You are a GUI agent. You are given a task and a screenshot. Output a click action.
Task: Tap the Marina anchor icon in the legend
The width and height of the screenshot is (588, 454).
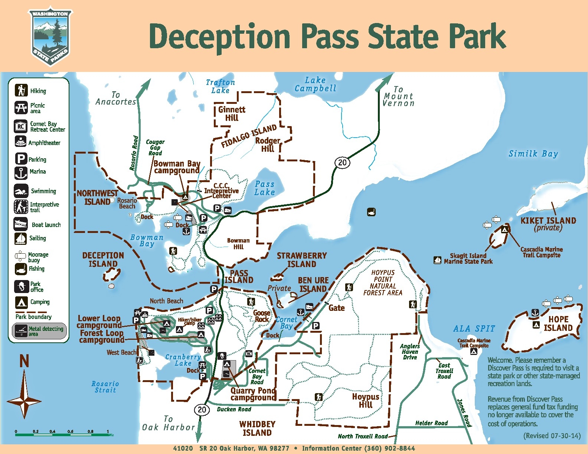[x=21, y=172]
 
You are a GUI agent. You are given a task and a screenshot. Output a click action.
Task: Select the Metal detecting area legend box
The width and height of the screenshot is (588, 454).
[x=40, y=331]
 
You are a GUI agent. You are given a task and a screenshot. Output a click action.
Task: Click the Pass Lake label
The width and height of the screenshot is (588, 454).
[x=264, y=188]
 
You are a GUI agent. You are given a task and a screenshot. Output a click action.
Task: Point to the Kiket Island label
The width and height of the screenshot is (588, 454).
[x=548, y=221]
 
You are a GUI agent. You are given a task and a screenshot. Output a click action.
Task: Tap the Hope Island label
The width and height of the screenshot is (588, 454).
[x=558, y=323]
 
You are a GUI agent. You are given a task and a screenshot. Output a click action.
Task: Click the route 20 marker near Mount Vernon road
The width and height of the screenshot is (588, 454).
[x=342, y=162]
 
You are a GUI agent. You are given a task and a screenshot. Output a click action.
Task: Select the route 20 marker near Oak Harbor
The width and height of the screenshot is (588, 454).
[x=202, y=409]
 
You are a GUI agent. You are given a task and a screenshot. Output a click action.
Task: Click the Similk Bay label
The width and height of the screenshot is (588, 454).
[x=533, y=154]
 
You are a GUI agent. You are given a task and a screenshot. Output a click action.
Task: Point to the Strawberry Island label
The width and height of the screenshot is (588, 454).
[x=301, y=260]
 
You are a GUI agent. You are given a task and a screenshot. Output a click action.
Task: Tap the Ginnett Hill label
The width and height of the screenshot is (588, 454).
[x=232, y=113]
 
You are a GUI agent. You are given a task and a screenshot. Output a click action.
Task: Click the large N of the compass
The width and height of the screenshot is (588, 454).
[x=24, y=361]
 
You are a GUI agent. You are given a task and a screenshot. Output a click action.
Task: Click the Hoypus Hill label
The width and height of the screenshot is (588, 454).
[x=366, y=401]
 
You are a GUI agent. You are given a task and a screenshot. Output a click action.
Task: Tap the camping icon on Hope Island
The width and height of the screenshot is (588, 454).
[x=536, y=325]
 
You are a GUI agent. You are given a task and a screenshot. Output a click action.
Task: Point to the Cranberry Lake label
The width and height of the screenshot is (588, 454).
[x=183, y=360]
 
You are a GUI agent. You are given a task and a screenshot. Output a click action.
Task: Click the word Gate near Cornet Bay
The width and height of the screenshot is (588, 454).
[x=336, y=308]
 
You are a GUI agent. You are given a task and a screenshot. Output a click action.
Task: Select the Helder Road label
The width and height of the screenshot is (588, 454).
[x=431, y=423]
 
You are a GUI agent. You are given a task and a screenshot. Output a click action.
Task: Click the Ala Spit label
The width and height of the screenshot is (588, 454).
[x=474, y=329]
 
